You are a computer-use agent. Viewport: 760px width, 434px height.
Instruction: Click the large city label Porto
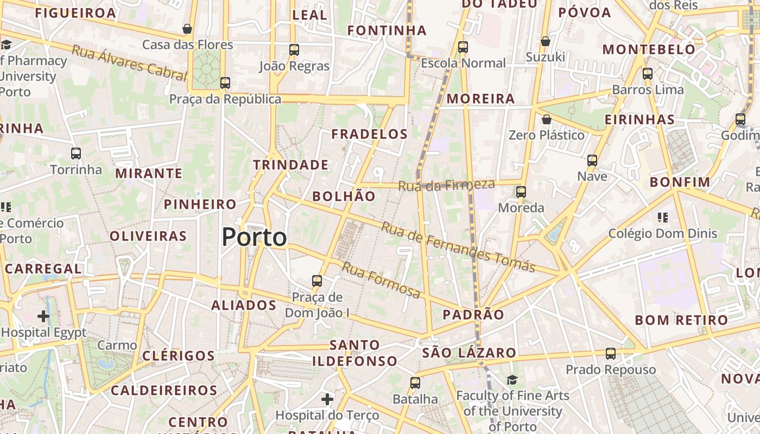[254, 238]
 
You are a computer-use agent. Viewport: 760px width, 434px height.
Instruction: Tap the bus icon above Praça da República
[225, 83]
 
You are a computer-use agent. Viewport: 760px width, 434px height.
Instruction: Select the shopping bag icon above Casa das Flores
[187, 29]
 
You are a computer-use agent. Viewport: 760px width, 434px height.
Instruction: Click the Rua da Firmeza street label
[446, 185]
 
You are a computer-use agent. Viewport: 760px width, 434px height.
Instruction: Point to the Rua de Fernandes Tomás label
[458, 247]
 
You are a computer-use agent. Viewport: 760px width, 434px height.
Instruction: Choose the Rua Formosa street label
[381, 280]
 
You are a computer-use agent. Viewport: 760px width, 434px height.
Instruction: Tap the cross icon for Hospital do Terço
[327, 400]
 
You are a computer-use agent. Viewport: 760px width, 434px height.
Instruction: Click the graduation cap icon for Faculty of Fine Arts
[512, 380]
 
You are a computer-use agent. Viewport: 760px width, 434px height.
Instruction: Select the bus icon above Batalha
[415, 383]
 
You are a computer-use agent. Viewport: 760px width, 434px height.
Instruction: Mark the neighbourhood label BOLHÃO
[344, 196]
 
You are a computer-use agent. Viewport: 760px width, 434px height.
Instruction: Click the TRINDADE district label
[290, 165]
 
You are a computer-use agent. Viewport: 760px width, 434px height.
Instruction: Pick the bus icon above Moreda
[521, 192]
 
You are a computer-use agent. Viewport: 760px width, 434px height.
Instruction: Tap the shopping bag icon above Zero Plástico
[547, 119]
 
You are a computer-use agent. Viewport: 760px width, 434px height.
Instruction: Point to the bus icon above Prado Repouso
[611, 354]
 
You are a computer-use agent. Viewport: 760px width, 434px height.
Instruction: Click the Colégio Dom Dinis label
[662, 234]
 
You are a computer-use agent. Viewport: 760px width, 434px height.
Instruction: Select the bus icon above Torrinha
[76, 154]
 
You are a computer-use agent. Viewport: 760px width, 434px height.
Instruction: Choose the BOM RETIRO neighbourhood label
[681, 320]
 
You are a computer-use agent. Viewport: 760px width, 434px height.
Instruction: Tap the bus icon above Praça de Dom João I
[317, 281]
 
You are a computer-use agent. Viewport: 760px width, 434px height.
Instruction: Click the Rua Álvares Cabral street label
[129, 63]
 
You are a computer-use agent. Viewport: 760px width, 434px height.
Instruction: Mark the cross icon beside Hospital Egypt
[43, 316]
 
